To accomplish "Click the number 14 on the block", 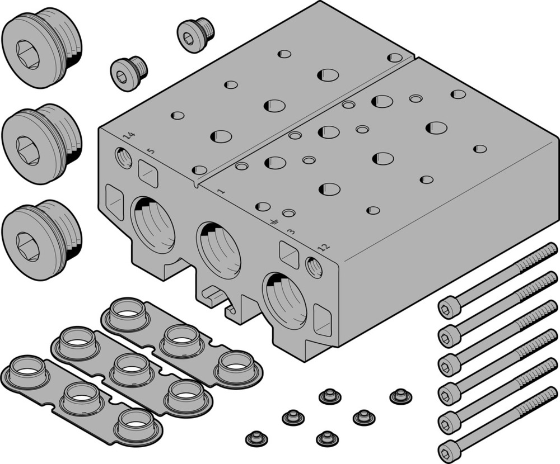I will pyautogui.click(x=129, y=136).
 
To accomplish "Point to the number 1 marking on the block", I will pyautogui.click(x=221, y=191).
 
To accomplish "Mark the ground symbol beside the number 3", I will pyautogui.click(x=274, y=223).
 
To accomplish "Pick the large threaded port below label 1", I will pyautogui.click(x=219, y=250).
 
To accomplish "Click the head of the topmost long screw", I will pyautogui.click(x=449, y=307).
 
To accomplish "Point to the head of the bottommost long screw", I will pyautogui.click(x=449, y=449).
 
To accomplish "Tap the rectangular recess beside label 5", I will pyautogui.click(x=148, y=174).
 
